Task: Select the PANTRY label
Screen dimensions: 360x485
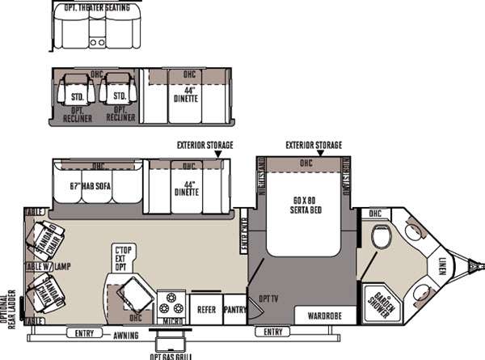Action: point(234,309)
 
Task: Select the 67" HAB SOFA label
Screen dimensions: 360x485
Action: point(90,186)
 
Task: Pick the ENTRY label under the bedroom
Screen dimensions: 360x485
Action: point(273,332)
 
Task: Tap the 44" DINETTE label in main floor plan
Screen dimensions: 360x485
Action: point(187,186)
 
